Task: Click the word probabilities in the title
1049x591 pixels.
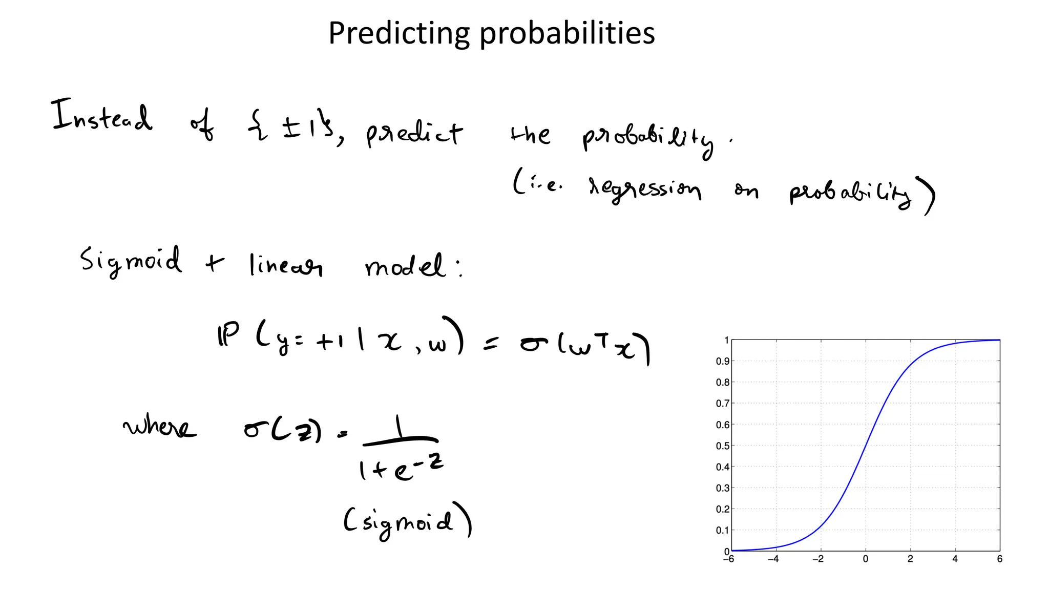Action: (x=567, y=34)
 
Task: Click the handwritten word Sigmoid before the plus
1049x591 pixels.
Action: (x=131, y=261)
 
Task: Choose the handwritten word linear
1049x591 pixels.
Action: (x=285, y=266)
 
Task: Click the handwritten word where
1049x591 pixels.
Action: (x=159, y=426)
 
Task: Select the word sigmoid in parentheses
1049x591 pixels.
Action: (x=407, y=522)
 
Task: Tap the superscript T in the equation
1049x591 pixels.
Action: (x=603, y=339)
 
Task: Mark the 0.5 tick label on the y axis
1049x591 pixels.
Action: (x=722, y=446)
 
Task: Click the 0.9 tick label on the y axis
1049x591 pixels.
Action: (x=722, y=361)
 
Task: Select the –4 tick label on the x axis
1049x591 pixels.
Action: (x=773, y=559)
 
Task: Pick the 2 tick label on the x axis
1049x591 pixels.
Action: (x=910, y=559)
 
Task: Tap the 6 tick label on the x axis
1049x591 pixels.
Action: (x=999, y=559)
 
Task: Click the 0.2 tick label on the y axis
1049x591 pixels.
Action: (x=722, y=510)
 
